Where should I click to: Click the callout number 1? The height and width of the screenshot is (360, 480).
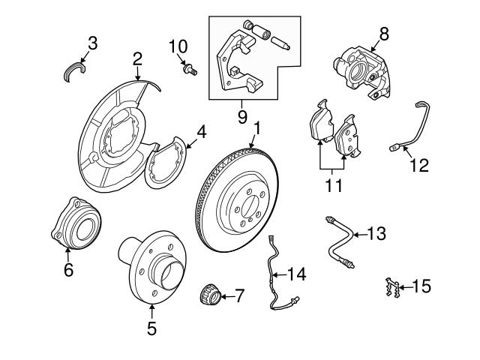point(256,129)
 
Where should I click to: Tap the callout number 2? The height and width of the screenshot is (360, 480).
point(137,58)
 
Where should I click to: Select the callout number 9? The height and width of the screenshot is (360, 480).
point(241,117)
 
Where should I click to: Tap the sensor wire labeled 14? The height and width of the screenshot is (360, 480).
point(277,281)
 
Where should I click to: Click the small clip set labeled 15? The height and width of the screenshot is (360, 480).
point(388,287)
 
